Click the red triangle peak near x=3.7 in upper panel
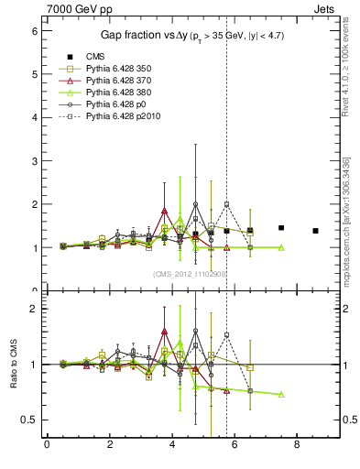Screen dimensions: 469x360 click(x=164, y=211)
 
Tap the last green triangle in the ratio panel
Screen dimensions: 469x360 click(x=281, y=394)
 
